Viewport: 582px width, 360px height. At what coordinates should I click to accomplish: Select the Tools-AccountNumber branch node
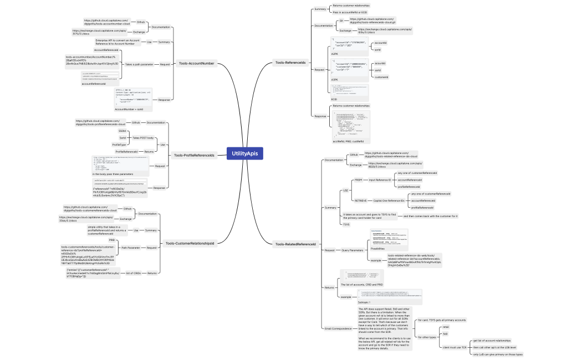pyautogui.click(x=196, y=64)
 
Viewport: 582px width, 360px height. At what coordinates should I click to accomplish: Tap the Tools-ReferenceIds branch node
pyautogui.click(x=290, y=63)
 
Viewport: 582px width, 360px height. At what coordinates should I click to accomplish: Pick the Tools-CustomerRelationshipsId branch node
pyautogui.click(x=190, y=243)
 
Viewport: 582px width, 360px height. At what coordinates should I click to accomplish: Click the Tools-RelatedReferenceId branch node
pyautogui.click(x=295, y=244)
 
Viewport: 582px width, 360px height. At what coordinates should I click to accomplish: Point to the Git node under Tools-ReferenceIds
pyautogui.click(x=341, y=20)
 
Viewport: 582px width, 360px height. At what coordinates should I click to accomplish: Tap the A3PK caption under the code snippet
pyautogui.click(x=335, y=80)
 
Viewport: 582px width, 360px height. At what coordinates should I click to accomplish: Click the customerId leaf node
pyautogui.click(x=381, y=77)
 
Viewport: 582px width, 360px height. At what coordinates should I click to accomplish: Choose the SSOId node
pyautogui.click(x=122, y=131)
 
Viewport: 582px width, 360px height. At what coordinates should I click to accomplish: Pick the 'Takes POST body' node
pyautogui.click(x=143, y=137)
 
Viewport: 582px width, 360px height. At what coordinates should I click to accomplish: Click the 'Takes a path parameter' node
pyautogui.click(x=140, y=64)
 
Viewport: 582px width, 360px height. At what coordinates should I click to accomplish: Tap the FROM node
pyautogui.click(x=358, y=180)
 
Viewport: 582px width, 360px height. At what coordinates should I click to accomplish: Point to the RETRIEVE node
pyautogui.click(x=360, y=200)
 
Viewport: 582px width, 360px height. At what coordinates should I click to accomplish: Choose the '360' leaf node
pyautogui.click(x=445, y=334)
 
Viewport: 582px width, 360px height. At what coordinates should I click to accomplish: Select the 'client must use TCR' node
pyautogui.click(x=455, y=347)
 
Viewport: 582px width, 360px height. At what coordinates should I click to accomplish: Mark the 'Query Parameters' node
pyautogui.click(x=353, y=250)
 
